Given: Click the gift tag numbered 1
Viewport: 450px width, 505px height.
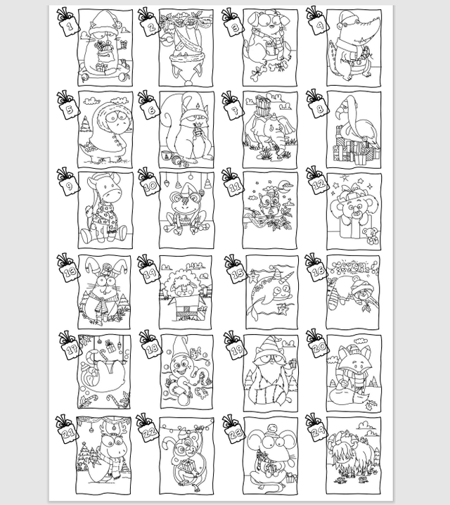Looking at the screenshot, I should coord(69,27).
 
